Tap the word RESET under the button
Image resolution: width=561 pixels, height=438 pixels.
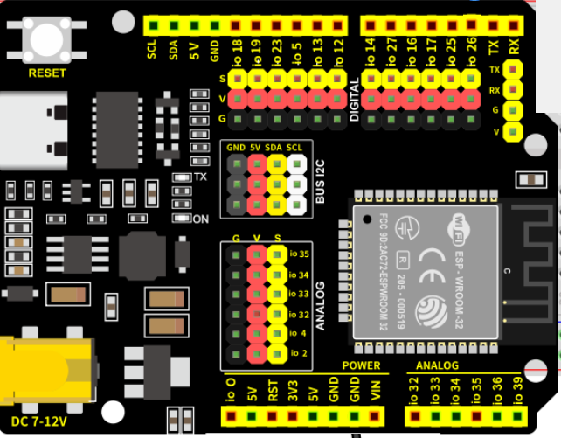pyautogui.click(x=46, y=73)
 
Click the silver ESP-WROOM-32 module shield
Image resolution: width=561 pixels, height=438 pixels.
pyautogui.click(x=426, y=271)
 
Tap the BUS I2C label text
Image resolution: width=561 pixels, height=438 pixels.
pyautogui.click(x=320, y=180)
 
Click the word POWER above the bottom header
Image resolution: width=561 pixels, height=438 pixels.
pyautogui.click(x=361, y=365)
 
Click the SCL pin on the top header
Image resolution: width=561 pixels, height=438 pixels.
pyautogui.click(x=153, y=26)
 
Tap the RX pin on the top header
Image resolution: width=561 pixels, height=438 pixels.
pyautogui.click(x=514, y=26)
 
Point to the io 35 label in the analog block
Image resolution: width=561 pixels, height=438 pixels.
pyautogui.click(x=299, y=255)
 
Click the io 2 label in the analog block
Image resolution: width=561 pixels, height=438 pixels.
pyautogui.click(x=298, y=353)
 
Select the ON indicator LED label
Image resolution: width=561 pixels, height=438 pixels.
pyautogui.click(x=200, y=218)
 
